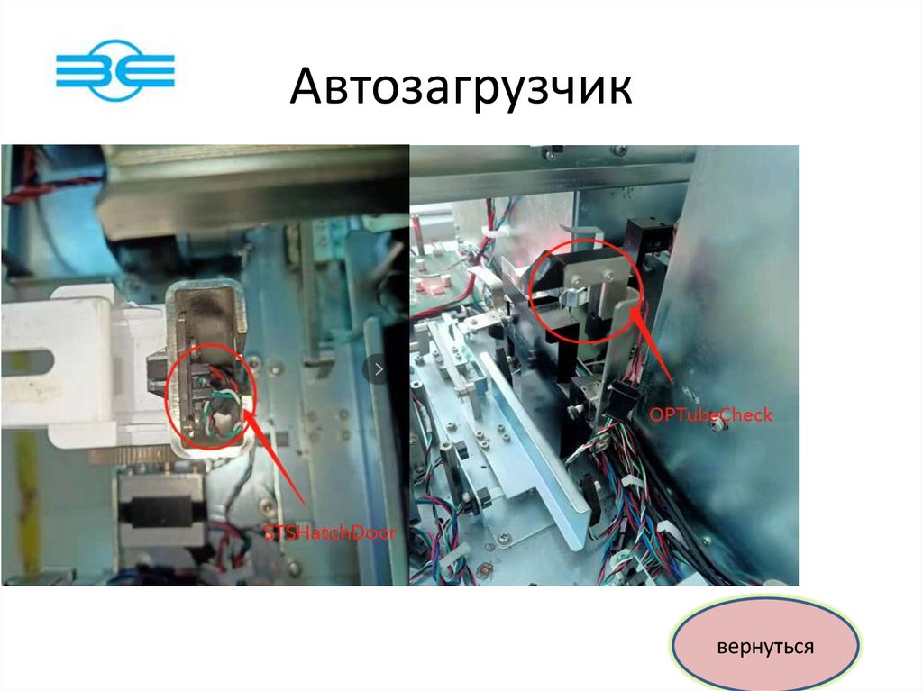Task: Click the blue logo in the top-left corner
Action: [x=115, y=70]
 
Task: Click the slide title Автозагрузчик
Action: [x=461, y=86]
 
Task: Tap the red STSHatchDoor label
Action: [x=329, y=533]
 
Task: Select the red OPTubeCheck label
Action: [x=710, y=415]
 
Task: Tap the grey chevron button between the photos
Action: [x=379, y=369]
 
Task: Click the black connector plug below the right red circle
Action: [x=619, y=399]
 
